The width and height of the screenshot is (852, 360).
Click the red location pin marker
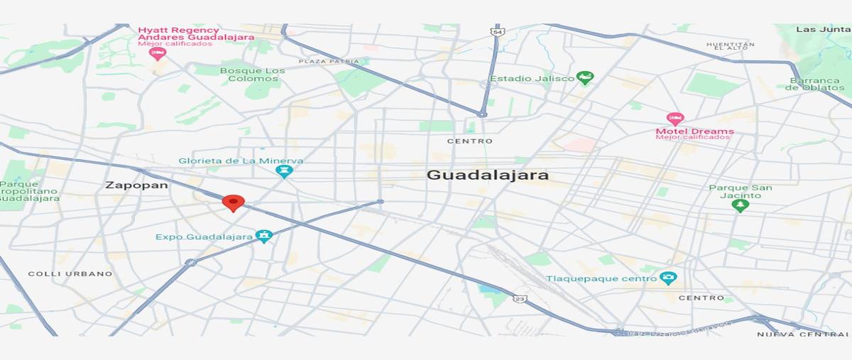[x=233, y=202]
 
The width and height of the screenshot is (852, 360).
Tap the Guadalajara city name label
[x=487, y=175]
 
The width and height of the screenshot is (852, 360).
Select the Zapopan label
[x=136, y=185]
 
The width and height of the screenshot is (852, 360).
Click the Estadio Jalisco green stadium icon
[x=585, y=77]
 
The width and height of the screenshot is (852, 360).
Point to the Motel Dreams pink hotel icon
[x=674, y=119]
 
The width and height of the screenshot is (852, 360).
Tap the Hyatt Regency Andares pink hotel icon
[x=158, y=53]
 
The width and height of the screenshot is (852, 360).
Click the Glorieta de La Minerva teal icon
[x=284, y=171]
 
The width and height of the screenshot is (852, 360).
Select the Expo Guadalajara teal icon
[x=264, y=236]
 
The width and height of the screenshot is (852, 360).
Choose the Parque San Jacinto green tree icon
[x=741, y=205]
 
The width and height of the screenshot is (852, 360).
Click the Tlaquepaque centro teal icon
[x=667, y=278]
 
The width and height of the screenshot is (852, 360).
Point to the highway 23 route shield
[x=520, y=300]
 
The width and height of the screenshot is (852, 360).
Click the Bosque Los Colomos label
[x=252, y=75]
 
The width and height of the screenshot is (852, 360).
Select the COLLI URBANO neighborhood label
[x=70, y=273]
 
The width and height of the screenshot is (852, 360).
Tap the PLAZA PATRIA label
[x=329, y=62]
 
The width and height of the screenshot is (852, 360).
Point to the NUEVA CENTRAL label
[x=802, y=334]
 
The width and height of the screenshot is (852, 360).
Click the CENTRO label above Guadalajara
[x=469, y=141]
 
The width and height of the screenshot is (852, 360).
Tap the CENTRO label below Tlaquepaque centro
[x=701, y=298]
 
